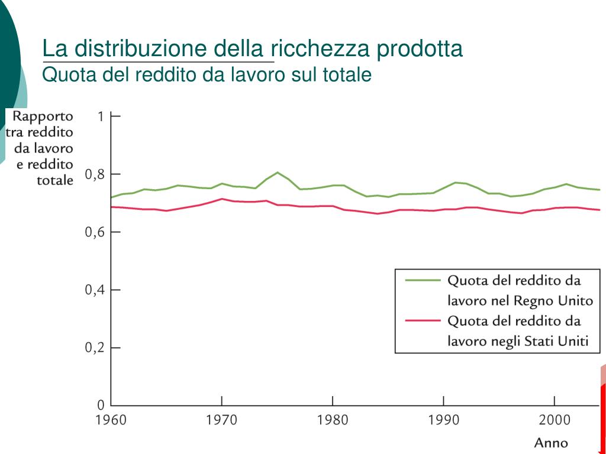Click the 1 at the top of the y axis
(x=101, y=116)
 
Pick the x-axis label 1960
(x=111, y=420)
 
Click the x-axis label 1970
(x=221, y=420)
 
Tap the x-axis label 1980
(x=333, y=420)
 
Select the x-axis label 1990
(x=443, y=420)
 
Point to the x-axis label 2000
(x=555, y=420)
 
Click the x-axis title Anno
(x=551, y=443)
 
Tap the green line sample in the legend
(x=423, y=280)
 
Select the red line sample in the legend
(x=423, y=321)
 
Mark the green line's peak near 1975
(x=278, y=172)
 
